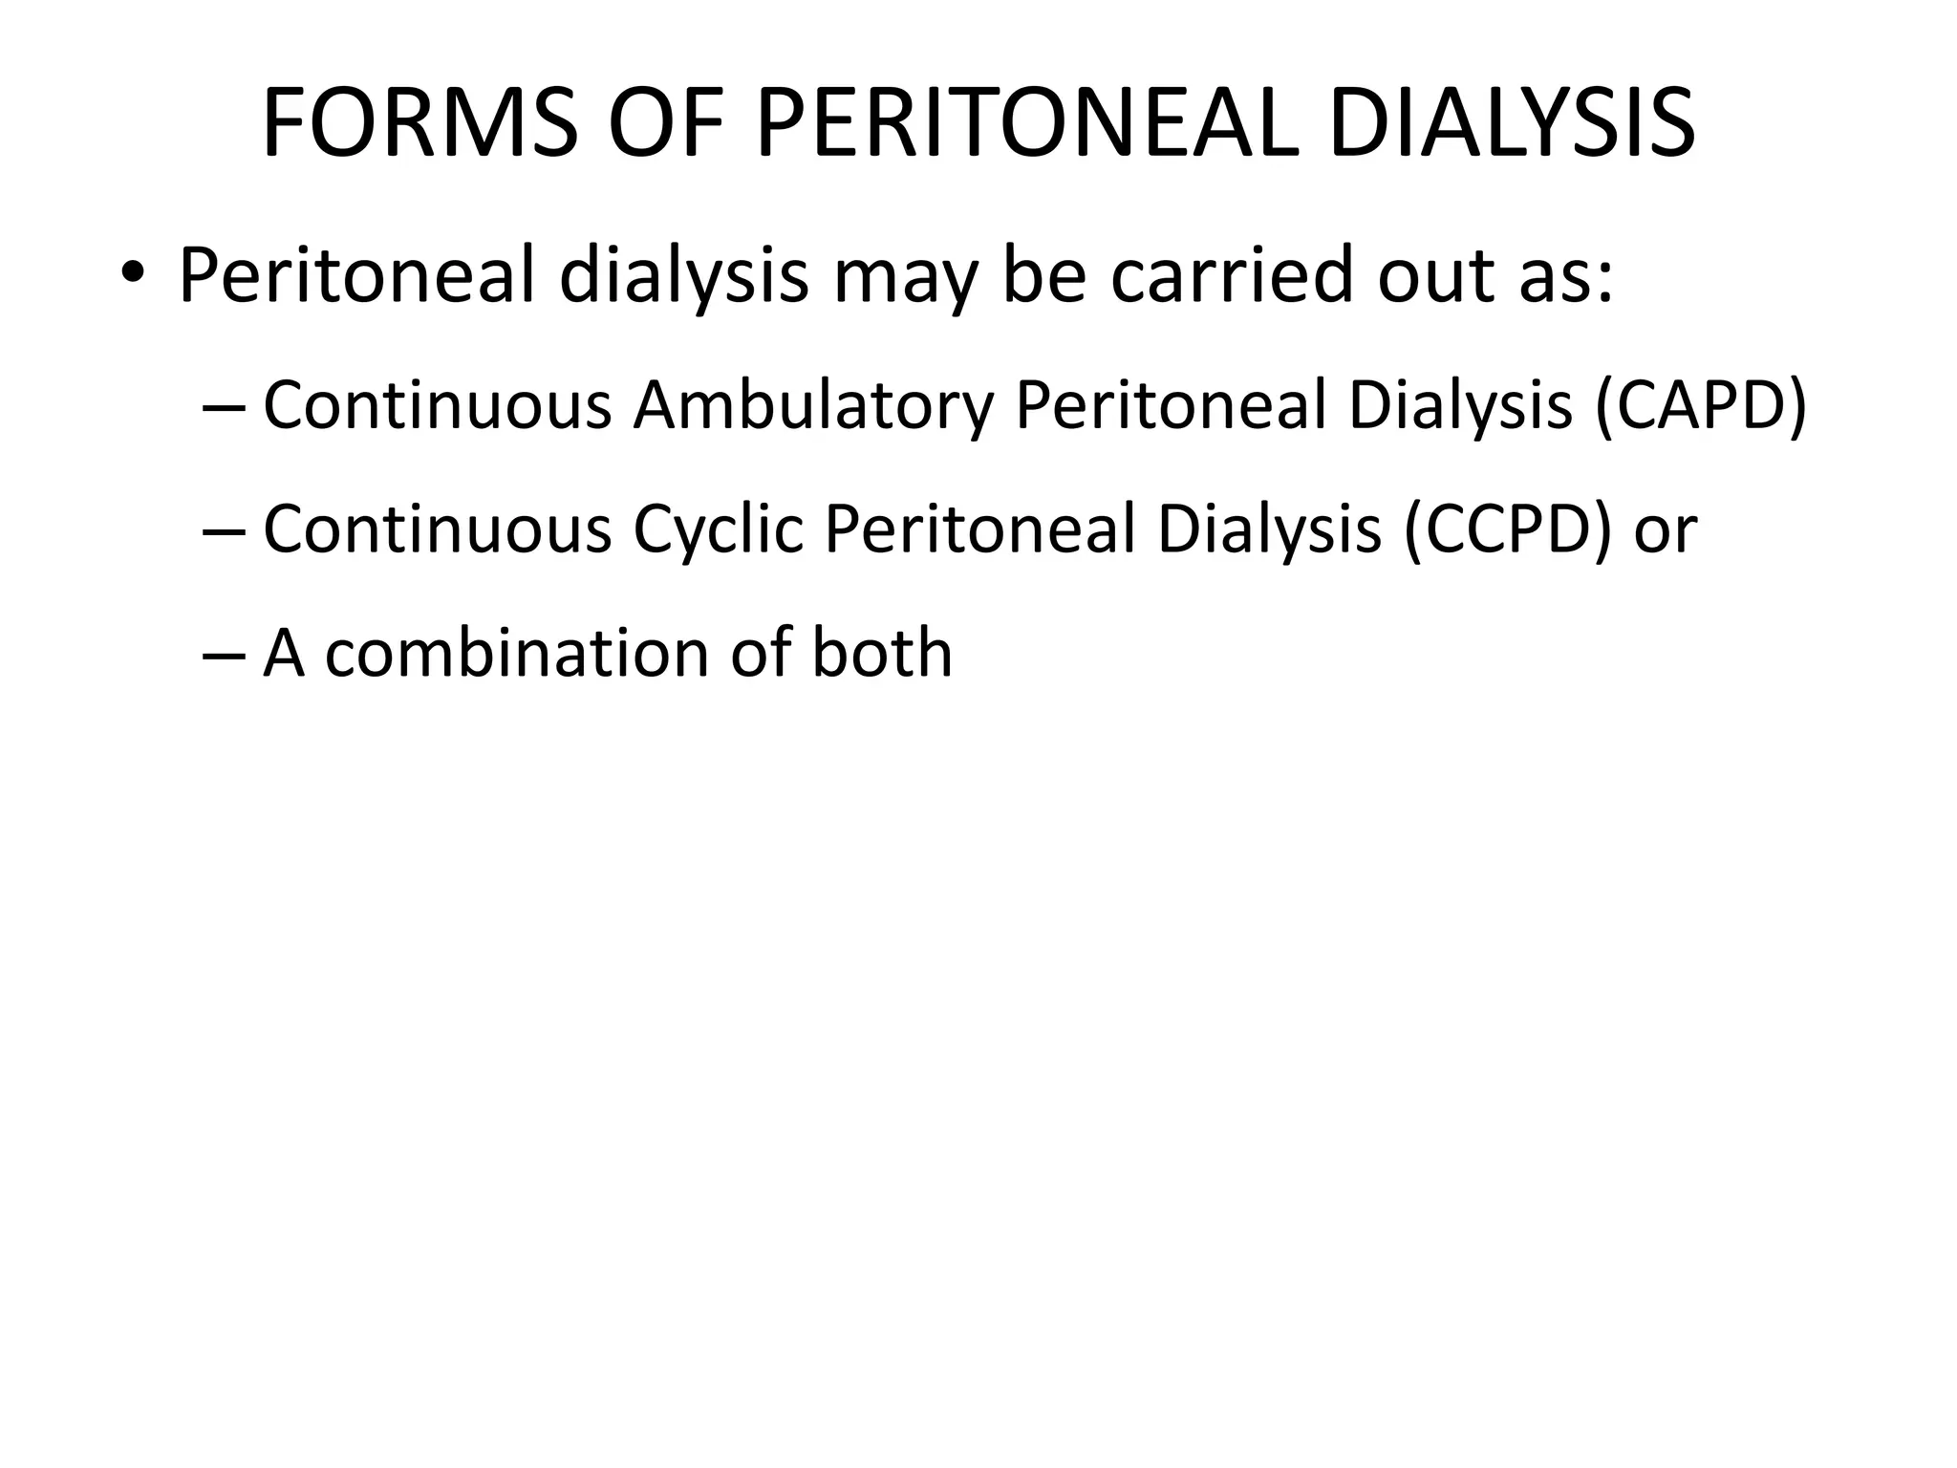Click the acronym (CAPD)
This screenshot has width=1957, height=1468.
pos(1701,405)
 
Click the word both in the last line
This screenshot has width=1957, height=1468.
pos(882,654)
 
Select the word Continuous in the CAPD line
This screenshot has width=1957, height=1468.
pos(437,405)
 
